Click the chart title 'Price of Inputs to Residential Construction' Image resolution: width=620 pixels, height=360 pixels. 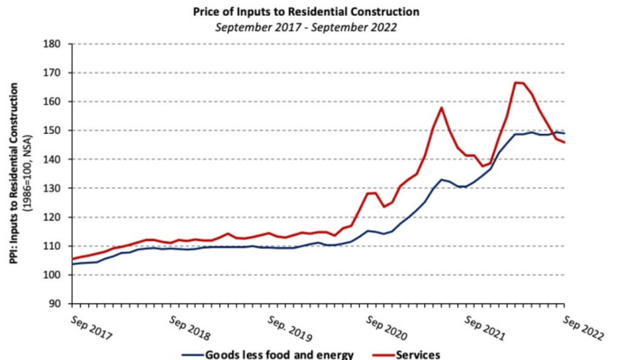(305, 12)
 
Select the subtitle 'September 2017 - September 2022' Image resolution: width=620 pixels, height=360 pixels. (305, 27)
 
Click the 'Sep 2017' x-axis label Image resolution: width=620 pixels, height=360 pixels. (91, 328)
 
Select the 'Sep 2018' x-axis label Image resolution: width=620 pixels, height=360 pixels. (190, 328)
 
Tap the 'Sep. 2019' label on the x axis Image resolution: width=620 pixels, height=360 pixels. (289, 328)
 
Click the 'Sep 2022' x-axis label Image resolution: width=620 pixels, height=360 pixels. (584, 328)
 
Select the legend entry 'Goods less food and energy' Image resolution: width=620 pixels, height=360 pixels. (279, 355)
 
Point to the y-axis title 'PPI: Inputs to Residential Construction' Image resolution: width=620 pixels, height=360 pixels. (13, 173)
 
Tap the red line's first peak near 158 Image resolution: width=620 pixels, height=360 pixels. (441, 107)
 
